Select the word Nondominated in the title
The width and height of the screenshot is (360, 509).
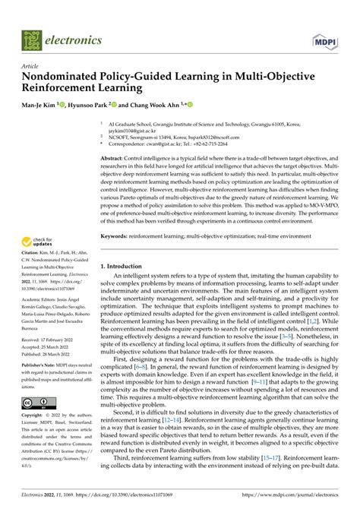click(x=75, y=77)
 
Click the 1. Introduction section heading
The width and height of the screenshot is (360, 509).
click(x=131, y=267)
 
